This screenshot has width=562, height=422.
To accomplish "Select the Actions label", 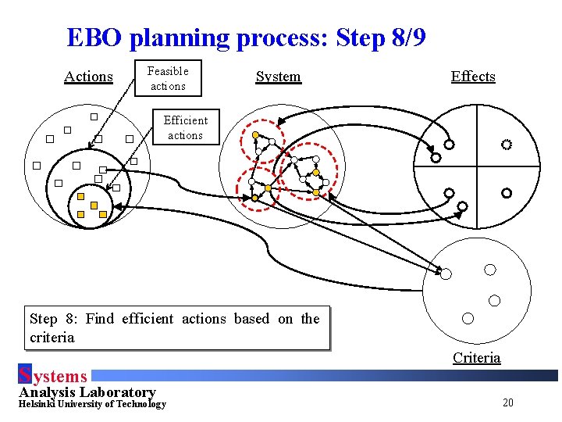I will [88, 77].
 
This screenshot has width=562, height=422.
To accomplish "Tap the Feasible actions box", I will [168, 78].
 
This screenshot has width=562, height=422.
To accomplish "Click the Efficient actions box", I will [185, 127].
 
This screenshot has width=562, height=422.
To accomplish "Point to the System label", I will [278, 77].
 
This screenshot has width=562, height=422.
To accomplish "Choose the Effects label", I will [473, 77].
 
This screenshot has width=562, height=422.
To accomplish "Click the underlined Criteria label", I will [476, 358].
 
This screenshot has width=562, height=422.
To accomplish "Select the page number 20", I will [508, 403].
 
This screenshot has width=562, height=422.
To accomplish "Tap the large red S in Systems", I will [24, 376].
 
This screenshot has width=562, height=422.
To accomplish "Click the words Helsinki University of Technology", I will [92, 404].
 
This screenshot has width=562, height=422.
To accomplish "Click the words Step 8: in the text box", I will [53, 319].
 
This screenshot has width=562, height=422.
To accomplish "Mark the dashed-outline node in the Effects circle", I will [506, 145].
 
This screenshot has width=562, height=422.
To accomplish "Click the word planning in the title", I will [183, 38].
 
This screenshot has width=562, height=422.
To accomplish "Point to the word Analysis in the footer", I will [44, 392].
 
